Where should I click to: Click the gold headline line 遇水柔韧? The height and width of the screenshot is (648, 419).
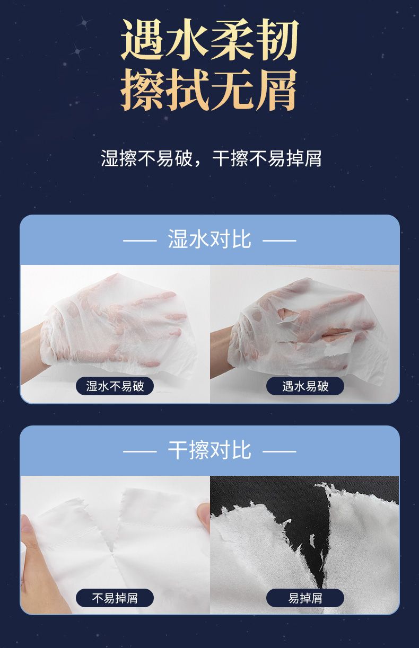tap(210, 39)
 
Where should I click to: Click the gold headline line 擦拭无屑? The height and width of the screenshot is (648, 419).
tap(210, 90)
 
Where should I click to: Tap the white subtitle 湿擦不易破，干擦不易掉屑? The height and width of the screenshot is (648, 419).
tap(211, 158)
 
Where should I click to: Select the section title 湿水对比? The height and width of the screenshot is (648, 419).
tap(210, 239)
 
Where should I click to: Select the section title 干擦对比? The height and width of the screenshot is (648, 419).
tap(210, 450)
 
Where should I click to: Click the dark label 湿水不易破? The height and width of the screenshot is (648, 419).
tap(115, 386)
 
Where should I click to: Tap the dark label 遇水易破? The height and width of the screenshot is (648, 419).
tap(305, 386)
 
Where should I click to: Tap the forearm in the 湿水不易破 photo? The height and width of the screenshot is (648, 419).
tap(32, 349)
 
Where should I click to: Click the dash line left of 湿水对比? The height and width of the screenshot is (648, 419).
tap(140, 241)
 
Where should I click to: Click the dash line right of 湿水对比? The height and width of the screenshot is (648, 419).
tap(280, 241)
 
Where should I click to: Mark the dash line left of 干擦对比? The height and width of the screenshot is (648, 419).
tap(140, 451)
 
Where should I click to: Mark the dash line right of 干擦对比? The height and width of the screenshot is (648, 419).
tap(280, 451)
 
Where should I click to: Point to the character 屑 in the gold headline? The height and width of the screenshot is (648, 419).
tap(276, 90)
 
